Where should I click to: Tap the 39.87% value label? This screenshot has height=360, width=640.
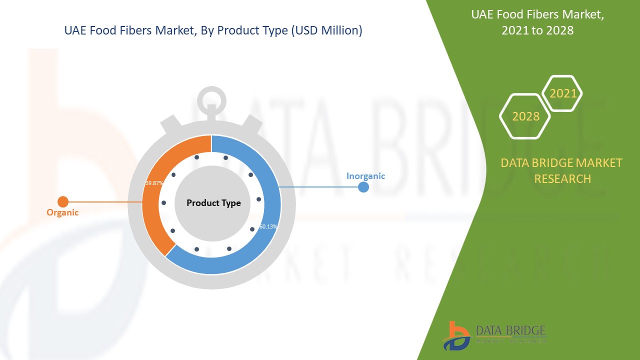154,183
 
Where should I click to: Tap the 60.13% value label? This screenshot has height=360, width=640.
268,226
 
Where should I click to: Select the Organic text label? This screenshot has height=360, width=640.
62,212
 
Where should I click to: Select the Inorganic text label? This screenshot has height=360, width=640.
365,176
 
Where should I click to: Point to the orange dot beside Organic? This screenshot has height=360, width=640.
63,202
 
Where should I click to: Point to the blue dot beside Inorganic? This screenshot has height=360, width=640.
363,187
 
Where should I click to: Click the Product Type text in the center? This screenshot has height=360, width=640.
213,203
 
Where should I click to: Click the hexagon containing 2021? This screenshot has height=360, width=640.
562,93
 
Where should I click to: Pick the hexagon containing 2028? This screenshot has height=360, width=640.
525,116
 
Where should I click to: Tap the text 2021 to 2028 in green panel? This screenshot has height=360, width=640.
537,30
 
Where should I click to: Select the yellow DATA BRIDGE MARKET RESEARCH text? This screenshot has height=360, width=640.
561,170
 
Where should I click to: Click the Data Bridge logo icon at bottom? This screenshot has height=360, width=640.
456,335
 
